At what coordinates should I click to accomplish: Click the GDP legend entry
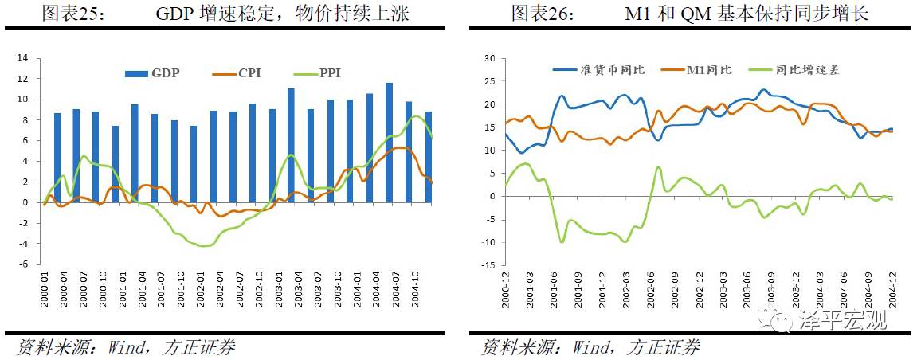tap(153, 73)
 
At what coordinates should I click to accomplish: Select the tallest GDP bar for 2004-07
tap(389, 143)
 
